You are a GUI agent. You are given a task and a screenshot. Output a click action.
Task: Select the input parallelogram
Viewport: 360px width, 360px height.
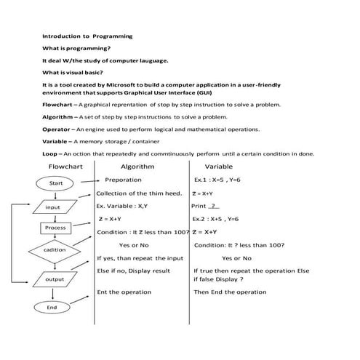(x=53, y=207)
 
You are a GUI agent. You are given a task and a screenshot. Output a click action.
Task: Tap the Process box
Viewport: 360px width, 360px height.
(x=55, y=228)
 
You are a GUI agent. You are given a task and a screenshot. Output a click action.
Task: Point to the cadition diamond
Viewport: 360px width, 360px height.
(x=55, y=250)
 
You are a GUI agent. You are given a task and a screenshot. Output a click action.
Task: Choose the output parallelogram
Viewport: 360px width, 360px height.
(x=55, y=279)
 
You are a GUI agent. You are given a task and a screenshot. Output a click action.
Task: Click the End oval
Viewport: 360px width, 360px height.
(x=52, y=308)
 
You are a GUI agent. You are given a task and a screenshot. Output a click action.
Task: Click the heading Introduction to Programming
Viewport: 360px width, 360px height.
(x=87, y=35)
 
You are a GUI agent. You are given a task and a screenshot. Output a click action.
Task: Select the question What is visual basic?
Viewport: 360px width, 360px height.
(x=73, y=72)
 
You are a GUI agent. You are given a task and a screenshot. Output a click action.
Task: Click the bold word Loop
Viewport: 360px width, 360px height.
(x=49, y=154)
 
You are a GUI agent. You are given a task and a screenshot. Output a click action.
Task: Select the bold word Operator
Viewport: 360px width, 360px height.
(x=56, y=129)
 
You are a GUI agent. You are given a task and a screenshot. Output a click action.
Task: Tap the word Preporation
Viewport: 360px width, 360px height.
(x=123, y=180)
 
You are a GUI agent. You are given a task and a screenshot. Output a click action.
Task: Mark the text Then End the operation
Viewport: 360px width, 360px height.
(x=230, y=292)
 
